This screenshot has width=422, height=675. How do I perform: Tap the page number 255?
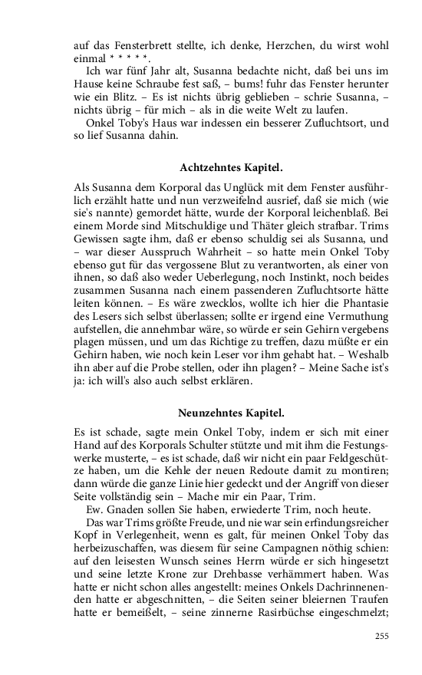pos(381,635)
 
